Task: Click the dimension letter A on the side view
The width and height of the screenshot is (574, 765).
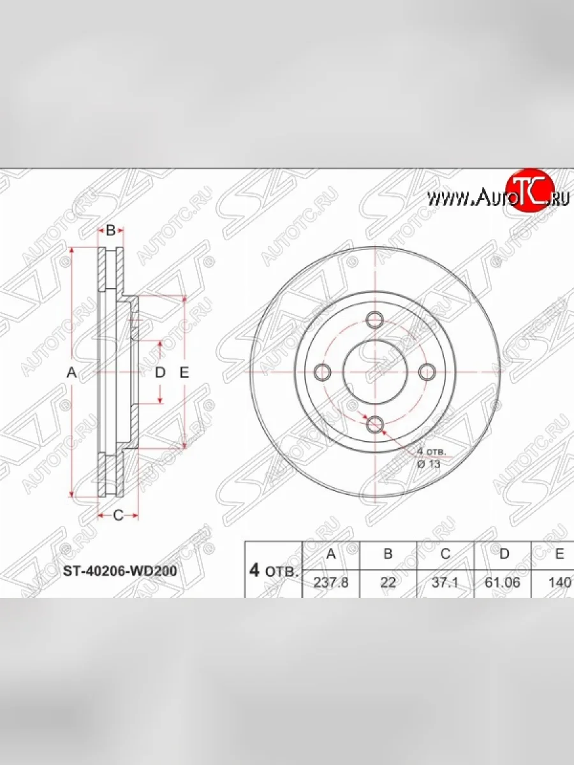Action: [x=72, y=374]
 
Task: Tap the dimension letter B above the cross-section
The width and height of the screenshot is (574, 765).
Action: [x=110, y=231]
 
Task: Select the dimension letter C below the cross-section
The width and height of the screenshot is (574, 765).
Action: [x=117, y=516]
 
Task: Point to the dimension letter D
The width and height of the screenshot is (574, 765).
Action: [x=160, y=373]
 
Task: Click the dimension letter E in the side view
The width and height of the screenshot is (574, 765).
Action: [x=184, y=374]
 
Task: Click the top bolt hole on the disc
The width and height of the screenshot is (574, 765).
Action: [x=375, y=319]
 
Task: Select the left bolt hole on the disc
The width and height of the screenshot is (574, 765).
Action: [x=324, y=371]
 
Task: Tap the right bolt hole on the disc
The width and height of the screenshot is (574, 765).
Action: [x=426, y=371]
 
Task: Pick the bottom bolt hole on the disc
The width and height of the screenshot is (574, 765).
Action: [x=375, y=423]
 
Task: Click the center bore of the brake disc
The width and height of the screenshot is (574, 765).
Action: [x=375, y=371]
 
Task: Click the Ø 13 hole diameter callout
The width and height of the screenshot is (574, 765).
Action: [x=429, y=464]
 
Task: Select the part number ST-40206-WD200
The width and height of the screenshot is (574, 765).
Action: [x=119, y=571]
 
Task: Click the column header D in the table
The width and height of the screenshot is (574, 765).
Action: [x=504, y=555]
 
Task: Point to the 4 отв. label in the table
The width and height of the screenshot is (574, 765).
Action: [x=273, y=571]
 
